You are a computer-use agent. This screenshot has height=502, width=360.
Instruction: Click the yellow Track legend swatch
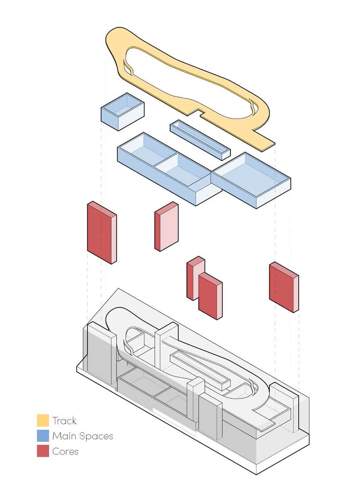click(43, 420)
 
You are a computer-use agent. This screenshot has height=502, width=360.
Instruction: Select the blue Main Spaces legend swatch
click(43, 436)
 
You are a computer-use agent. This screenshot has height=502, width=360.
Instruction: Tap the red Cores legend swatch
click(43, 451)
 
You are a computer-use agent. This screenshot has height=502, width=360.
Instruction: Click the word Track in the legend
click(64, 421)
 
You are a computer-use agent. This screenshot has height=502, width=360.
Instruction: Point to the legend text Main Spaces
click(83, 436)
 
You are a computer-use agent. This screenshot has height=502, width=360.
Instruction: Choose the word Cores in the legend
click(65, 451)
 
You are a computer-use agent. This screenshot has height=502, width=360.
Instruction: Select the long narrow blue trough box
click(200, 140)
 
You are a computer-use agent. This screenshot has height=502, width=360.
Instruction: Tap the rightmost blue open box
click(251, 179)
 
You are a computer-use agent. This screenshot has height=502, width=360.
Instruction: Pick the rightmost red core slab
click(284, 287)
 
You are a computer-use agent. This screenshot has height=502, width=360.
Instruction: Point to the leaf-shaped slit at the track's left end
click(128, 68)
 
